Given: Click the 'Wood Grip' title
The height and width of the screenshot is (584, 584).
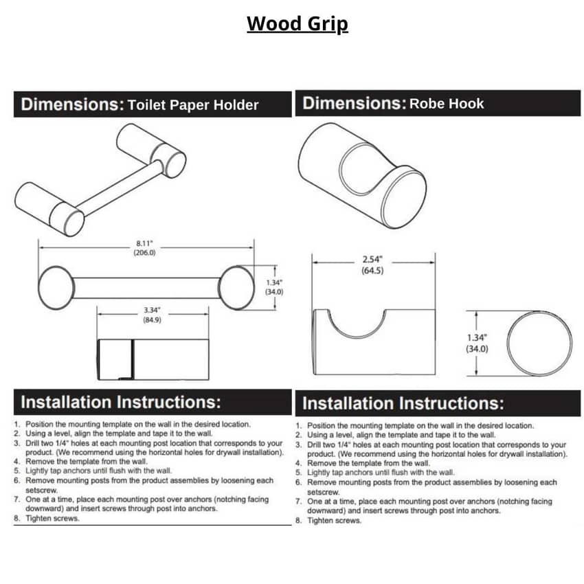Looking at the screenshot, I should point(297,24).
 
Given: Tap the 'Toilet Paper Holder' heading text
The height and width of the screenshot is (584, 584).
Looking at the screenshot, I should point(193,105).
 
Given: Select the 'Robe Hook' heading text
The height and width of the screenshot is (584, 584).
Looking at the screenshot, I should point(447,104).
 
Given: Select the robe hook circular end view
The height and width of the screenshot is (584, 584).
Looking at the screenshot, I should point(539,343).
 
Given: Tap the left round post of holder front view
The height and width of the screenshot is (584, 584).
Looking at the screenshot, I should point(56,287).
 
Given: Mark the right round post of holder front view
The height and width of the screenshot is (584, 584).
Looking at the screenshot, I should point(237,287).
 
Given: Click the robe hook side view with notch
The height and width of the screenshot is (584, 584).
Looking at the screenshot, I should point(374,342).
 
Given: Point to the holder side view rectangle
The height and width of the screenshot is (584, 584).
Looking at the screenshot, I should point(152,359).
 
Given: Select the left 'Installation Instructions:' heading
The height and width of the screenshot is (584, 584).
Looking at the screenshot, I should point(121,402).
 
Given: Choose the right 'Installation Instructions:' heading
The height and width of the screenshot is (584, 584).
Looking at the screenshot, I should point(403,403).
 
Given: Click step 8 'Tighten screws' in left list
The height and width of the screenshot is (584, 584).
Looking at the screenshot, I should point(52,519).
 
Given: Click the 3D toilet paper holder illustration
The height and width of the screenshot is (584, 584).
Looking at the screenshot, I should point(100,179).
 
